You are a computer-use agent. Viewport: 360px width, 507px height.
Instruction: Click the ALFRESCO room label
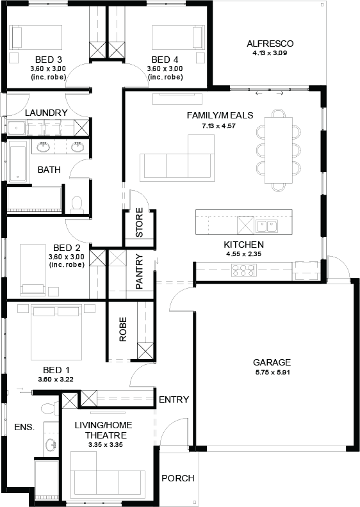(270, 44)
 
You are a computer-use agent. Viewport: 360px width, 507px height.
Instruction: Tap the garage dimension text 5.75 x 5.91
(272, 372)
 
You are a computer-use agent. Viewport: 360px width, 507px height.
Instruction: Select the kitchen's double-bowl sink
(267, 226)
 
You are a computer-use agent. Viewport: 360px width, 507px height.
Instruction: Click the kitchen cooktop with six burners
(243, 270)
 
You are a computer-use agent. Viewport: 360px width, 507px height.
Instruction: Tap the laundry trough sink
(16, 128)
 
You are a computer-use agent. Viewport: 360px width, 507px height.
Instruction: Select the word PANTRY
(139, 271)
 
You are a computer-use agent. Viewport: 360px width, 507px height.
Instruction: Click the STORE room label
(139, 223)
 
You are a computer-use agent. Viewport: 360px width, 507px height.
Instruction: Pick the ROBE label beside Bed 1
(123, 330)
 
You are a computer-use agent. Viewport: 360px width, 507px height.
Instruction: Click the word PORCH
(178, 478)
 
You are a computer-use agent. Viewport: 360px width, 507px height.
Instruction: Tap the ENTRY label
(174, 399)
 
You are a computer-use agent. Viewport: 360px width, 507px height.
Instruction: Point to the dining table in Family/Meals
(279, 150)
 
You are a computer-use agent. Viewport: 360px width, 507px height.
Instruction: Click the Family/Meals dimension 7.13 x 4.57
(219, 125)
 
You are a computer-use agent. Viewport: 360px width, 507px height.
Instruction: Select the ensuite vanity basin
(51, 445)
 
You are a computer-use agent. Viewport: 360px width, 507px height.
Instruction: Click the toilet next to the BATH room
(77, 204)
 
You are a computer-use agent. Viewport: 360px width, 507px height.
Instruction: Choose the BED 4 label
(165, 60)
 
